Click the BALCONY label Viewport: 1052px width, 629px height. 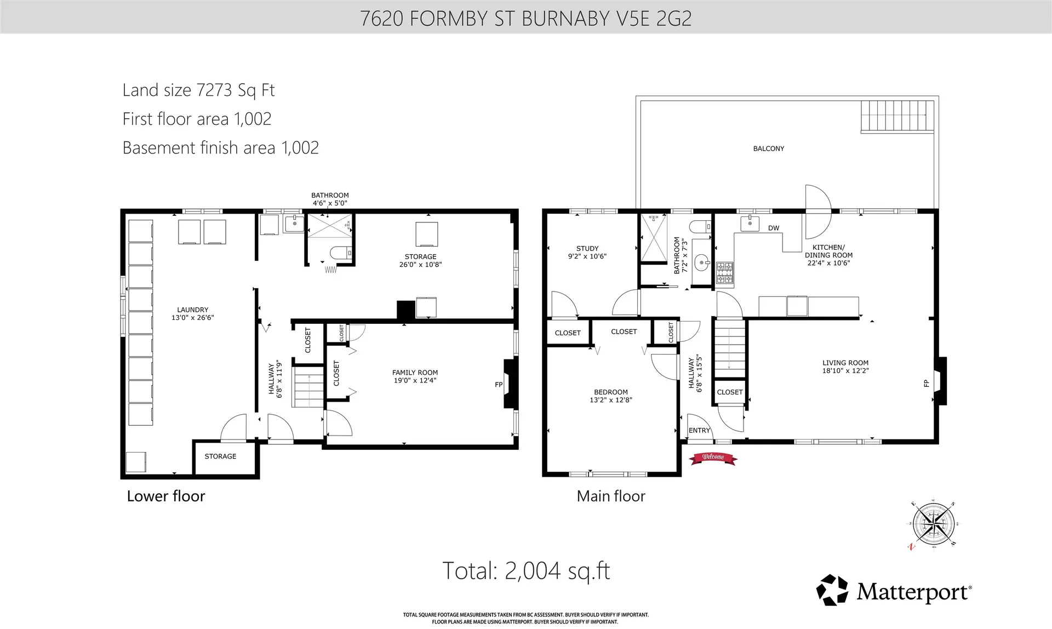pos(768,148)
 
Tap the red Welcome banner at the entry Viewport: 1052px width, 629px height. pos(713,458)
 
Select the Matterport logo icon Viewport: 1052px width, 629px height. pos(832,590)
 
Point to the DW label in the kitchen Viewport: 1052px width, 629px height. pos(773,228)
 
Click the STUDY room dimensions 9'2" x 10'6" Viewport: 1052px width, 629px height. pos(587,256)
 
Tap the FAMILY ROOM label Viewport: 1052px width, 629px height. pos(415,373)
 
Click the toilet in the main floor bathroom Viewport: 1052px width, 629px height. pos(700,226)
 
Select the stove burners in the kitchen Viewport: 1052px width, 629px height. pos(724,273)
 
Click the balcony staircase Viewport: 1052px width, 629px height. pos(897,116)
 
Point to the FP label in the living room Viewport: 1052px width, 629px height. pos(927,384)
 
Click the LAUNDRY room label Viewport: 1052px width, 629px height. pos(192,310)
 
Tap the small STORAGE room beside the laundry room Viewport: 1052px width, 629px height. pos(220,456)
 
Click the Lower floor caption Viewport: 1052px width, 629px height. pos(165,496)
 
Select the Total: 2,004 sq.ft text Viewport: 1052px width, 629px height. pos(525,571)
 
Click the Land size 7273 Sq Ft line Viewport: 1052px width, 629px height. pos(198,90)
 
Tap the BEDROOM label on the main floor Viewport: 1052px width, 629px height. pos(610,392)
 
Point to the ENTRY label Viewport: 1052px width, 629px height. pos(699,431)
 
